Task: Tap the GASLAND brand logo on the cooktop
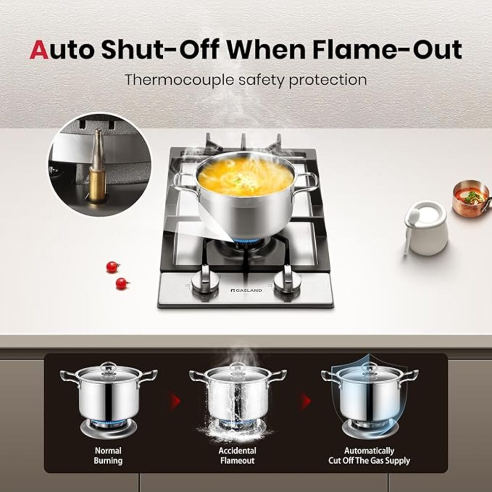click(246, 290)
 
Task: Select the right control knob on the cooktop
click(287, 280)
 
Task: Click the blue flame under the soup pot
click(247, 241)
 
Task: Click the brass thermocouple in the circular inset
click(97, 167)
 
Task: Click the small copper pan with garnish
click(470, 198)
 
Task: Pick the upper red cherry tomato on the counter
click(113, 267)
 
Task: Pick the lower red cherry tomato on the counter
click(121, 283)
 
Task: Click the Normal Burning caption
click(108, 456)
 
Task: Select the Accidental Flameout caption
click(237, 456)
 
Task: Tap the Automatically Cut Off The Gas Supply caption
click(369, 456)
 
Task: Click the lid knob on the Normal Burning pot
click(108, 367)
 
